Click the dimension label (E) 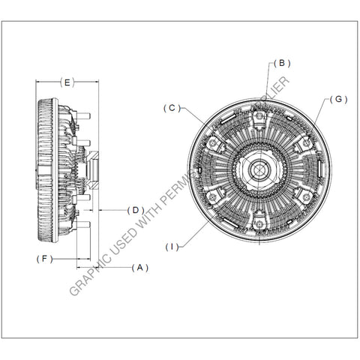pyautogui.click(x=67, y=82)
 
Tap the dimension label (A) pyautogui.click(x=139, y=267)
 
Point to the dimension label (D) pyautogui.click(x=135, y=210)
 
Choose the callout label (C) pyautogui.click(x=172, y=108)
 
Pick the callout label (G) pyautogui.click(x=338, y=99)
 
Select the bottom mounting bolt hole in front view pyautogui.click(x=259, y=223)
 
